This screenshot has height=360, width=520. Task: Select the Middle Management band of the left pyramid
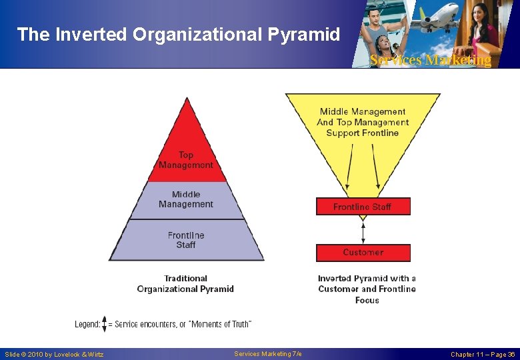(186, 200)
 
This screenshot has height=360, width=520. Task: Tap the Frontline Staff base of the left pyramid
(186, 240)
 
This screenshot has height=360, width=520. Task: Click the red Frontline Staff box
(363, 207)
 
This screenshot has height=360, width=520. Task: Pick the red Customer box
(363, 253)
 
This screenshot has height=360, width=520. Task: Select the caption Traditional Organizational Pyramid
(185, 284)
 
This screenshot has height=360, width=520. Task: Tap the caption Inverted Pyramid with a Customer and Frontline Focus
(367, 289)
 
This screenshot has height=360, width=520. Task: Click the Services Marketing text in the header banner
(431, 60)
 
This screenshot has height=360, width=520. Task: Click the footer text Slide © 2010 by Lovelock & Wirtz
(54, 354)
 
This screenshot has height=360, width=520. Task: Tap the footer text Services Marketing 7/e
(268, 353)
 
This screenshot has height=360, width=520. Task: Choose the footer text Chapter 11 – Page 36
(483, 354)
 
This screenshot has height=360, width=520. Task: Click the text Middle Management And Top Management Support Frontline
(363, 122)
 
